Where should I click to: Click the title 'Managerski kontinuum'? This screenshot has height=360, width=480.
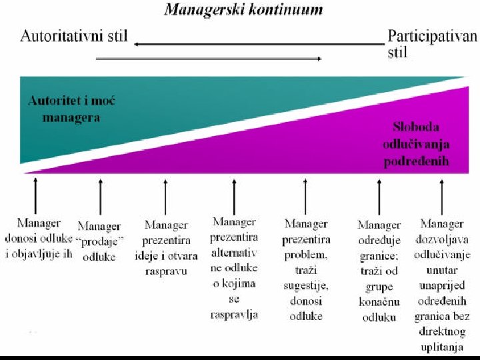(x=243, y=9)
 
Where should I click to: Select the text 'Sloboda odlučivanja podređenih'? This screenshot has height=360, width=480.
(x=415, y=144)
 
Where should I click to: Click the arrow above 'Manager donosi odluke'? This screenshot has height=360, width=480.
(x=35, y=194)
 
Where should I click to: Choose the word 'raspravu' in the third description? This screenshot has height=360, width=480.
(x=166, y=272)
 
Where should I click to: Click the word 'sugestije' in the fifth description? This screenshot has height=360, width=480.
(x=305, y=285)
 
